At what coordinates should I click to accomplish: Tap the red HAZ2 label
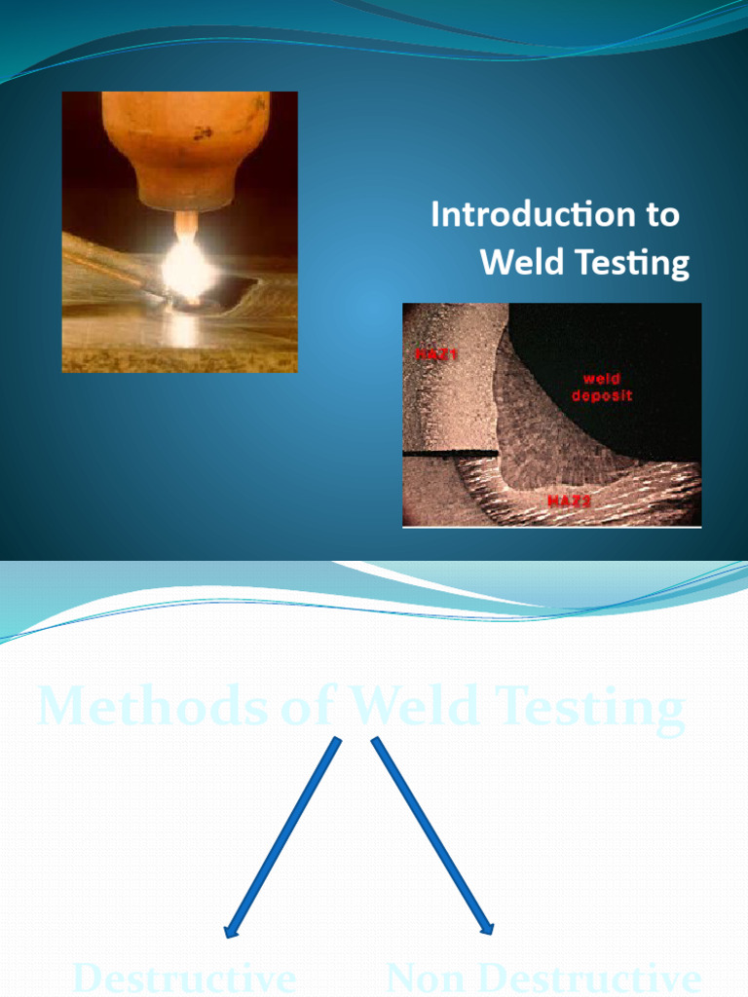coord(569,500)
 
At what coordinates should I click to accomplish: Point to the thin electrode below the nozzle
coord(185,225)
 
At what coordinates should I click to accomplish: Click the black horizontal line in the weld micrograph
coord(450,454)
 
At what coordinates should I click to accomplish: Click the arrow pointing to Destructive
coord(283,835)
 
